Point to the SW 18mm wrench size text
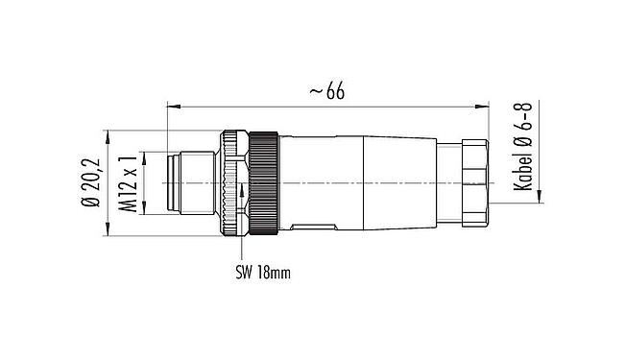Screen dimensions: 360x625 [261, 272]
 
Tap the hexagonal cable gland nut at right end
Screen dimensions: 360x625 [472, 182]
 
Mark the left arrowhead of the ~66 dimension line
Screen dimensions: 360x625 [172, 103]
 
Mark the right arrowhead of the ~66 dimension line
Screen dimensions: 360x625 [484, 103]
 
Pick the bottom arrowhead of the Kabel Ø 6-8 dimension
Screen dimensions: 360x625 [540, 199]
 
